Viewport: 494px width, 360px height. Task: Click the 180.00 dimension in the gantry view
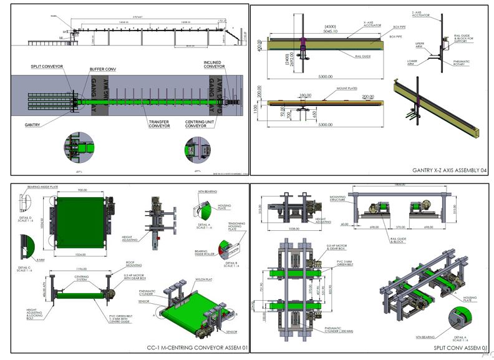(x=305, y=95)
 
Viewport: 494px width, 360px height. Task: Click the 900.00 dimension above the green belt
(x=82, y=190)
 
